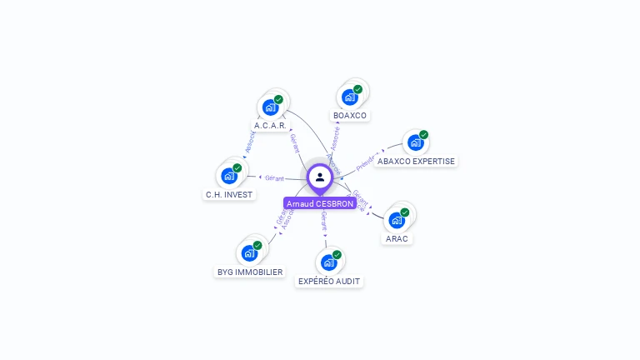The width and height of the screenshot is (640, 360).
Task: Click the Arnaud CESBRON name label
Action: coord(320,203)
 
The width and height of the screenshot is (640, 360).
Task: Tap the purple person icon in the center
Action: coord(320,177)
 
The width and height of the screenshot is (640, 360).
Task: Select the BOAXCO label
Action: coord(349,115)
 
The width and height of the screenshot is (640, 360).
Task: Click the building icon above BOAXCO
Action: coord(350,97)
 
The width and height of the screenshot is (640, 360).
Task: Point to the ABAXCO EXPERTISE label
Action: coord(416,161)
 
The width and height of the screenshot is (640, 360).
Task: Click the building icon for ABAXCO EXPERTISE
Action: coord(415,142)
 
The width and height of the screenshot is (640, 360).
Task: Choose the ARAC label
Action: coord(397,238)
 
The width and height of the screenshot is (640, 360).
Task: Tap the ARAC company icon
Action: coord(397,221)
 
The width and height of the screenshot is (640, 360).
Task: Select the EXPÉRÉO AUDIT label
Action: coord(329,281)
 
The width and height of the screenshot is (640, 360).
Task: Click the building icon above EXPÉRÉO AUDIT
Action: coord(329,262)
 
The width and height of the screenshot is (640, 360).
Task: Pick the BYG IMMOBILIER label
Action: coord(250,272)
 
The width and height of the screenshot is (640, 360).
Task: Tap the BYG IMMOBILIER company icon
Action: coord(249,253)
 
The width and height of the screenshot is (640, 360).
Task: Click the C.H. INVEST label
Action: coord(229,194)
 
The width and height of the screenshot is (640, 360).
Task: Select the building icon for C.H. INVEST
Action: coord(228,176)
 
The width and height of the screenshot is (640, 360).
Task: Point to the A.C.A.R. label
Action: coord(270,126)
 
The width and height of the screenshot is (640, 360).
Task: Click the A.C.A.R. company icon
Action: coord(270,107)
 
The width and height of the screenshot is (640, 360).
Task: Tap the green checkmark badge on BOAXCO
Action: coord(357,90)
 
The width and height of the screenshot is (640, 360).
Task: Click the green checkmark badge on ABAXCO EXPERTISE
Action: coord(423,135)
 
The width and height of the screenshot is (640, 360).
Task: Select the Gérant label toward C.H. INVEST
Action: coord(274,178)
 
